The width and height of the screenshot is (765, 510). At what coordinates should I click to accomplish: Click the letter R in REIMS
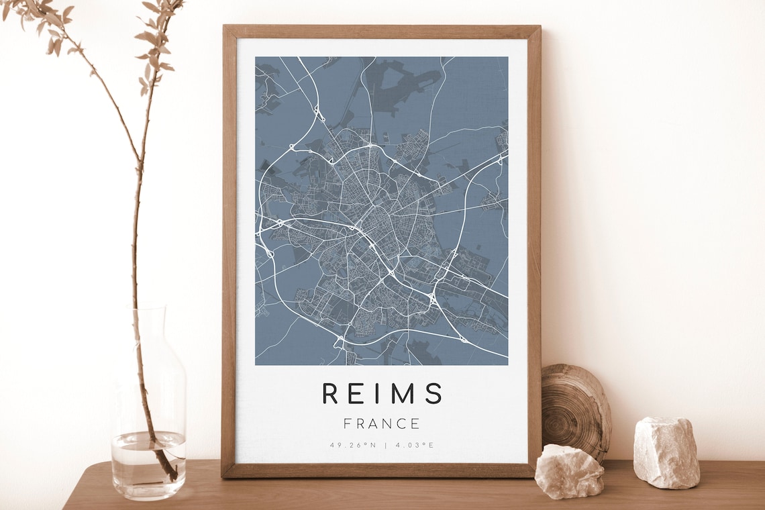pos(330,393)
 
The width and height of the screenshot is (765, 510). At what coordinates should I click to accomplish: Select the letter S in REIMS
pos(433,393)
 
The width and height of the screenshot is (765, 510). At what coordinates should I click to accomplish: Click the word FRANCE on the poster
pos(381,424)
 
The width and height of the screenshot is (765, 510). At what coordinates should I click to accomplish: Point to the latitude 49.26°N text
pos(353,445)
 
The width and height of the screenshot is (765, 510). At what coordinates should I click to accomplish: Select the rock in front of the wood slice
pos(568,471)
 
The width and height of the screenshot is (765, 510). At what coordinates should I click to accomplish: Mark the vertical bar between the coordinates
pos(385,445)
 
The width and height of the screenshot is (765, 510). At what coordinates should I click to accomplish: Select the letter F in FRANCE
pos(347,424)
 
